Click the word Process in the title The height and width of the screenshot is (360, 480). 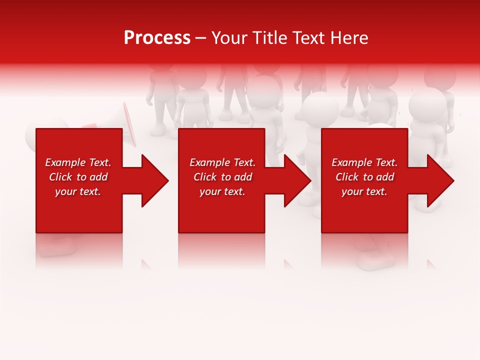click(x=157, y=38)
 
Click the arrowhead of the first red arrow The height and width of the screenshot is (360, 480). click(x=155, y=180)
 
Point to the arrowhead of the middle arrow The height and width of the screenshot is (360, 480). click(x=297, y=180)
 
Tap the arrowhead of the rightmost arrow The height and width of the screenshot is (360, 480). click(x=440, y=180)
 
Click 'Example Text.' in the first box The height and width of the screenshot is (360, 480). click(x=78, y=162)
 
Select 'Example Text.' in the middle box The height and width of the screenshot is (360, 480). click(x=222, y=162)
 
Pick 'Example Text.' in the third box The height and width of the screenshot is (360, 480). click(x=364, y=162)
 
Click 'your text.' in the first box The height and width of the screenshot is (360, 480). click(x=78, y=191)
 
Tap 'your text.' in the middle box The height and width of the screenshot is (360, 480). click(x=222, y=191)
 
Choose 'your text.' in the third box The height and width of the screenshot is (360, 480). click(x=364, y=191)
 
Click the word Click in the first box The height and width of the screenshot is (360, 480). click(x=60, y=177)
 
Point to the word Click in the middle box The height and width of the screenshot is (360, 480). click(x=205, y=177)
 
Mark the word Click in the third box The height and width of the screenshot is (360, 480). click(x=347, y=177)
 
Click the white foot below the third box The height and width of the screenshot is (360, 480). click(x=372, y=260)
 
